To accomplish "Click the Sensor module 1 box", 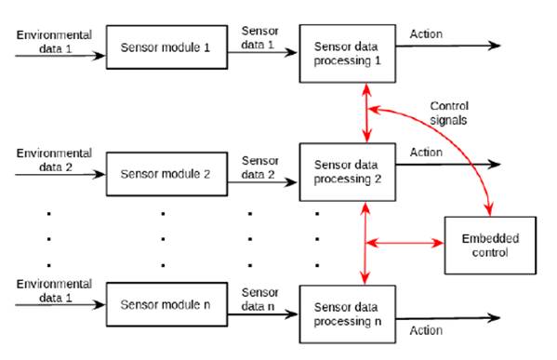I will pyautogui.click(x=166, y=47).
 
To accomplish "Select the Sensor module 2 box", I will pyautogui.click(x=166, y=173).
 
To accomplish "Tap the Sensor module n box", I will pyautogui.click(x=166, y=303).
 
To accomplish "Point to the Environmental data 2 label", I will pyautogui.click(x=55, y=158).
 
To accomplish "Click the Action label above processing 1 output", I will pyautogui.click(x=426, y=34).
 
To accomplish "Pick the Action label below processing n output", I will pyautogui.click(x=426, y=330).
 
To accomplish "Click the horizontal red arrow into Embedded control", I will pyautogui.click(x=405, y=244).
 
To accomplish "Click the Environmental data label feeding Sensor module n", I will pyautogui.click(x=55, y=289).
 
